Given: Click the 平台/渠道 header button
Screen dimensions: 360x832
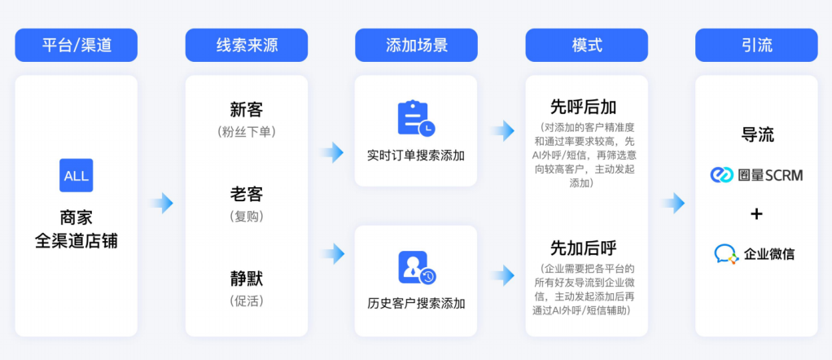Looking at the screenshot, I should pos(76,45).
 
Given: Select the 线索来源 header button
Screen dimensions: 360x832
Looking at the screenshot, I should pos(246,45).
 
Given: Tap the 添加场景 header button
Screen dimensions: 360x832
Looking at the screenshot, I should pos(416,45).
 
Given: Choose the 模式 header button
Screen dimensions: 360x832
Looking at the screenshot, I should pos(586,45).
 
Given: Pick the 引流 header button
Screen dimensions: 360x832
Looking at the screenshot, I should pos(756,45).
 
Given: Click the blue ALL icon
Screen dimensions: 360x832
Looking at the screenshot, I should pos(76,176).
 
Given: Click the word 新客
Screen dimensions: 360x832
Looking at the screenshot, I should pos(246,110).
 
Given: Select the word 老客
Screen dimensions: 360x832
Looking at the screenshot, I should pos(246,195).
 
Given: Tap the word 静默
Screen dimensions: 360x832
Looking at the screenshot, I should pos(246,279).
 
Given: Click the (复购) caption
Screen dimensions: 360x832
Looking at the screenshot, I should pos(246,217).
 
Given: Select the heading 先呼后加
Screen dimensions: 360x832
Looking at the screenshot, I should pos(583,107).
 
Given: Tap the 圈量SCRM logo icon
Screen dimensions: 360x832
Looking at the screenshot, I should pos(722,174).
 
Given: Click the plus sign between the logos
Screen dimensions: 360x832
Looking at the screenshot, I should pos(756,214).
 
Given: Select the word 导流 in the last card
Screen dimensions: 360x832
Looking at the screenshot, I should pos(756,134).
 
